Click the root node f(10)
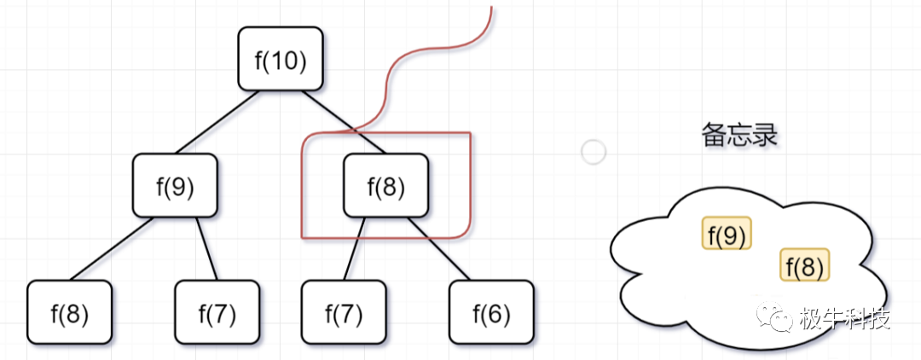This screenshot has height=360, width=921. point(281,59)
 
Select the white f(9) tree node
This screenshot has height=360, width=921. point(175,185)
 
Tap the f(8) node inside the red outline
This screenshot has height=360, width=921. point(386,185)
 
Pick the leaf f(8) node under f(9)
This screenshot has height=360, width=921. point(69,313)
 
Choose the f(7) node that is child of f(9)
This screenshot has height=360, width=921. point(217,313)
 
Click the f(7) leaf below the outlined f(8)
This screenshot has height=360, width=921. point(344,313)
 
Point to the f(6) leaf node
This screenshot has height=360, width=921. point(491,313)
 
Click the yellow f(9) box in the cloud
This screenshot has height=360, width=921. point(727,233)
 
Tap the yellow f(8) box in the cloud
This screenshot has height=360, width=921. point(804,265)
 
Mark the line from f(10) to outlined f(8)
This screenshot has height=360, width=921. point(340,120)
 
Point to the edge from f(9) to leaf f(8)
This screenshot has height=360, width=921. point(112,248)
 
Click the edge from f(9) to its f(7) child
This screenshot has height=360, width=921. point(206,248)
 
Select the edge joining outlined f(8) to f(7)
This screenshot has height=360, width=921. point(354,248)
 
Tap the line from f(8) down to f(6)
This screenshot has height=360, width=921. point(438,248)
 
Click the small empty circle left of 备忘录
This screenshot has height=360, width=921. point(593,153)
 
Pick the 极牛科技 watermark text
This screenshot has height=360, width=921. point(845,319)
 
